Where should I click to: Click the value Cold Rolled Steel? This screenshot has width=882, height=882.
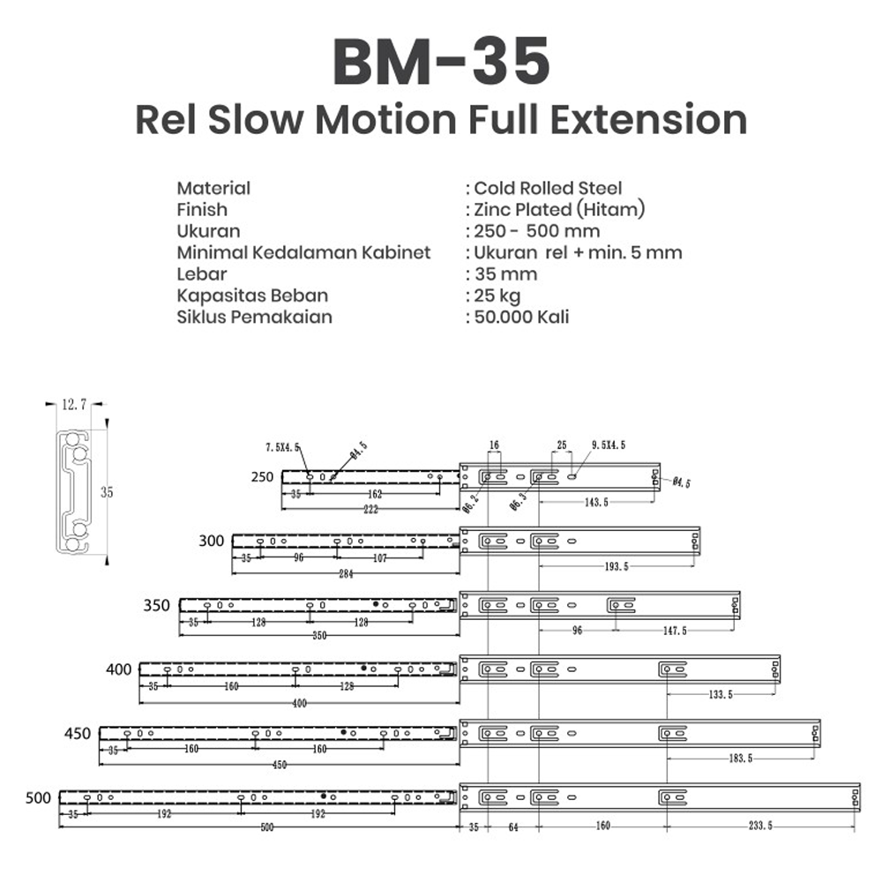548,188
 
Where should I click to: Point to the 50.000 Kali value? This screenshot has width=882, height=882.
521,316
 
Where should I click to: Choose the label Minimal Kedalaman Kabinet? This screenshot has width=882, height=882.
303,252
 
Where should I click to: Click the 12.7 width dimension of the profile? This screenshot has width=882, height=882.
73,405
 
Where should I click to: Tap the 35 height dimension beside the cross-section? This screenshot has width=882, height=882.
107,492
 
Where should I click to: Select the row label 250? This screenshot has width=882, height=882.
262,477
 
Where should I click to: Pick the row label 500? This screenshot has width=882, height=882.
38,798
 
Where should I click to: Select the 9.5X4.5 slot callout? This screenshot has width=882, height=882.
609,445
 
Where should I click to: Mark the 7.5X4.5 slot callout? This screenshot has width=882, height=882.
283,447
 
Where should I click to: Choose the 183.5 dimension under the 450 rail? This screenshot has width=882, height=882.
739,759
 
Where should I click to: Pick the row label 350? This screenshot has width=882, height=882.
155,606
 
